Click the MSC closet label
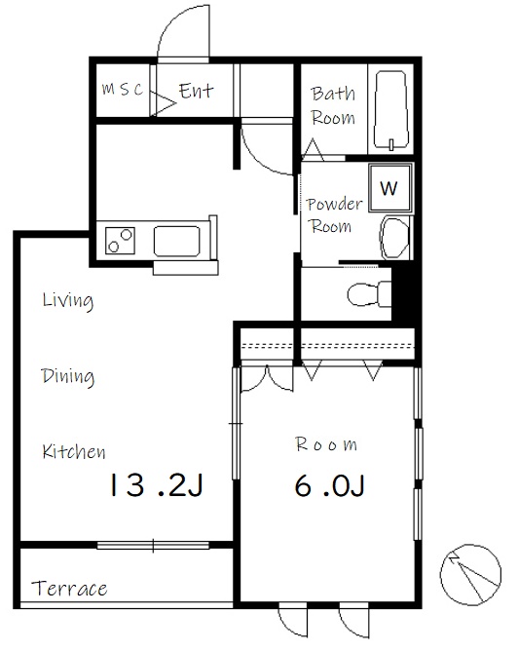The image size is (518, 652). click(x=123, y=89)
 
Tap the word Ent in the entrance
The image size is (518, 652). click(x=196, y=91)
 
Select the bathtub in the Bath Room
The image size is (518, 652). click(x=391, y=110)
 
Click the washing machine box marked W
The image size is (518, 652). click(x=390, y=188)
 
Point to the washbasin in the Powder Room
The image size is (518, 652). click(x=394, y=238)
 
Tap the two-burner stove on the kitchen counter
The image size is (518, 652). click(x=120, y=241)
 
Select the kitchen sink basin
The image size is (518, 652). click(x=177, y=241)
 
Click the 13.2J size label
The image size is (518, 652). click(x=156, y=484)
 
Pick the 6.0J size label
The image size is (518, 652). click(x=329, y=485)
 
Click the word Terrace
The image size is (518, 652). click(x=69, y=589)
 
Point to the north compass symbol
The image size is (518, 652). click(x=470, y=575)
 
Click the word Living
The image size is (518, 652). click(x=68, y=300)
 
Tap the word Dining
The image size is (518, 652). click(x=68, y=377)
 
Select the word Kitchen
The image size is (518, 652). click(x=74, y=451)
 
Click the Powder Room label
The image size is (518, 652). click(x=334, y=215)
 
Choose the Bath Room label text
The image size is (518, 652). click(x=333, y=105)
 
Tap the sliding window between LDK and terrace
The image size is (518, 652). click(x=153, y=545)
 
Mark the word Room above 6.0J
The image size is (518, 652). click(x=326, y=444)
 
